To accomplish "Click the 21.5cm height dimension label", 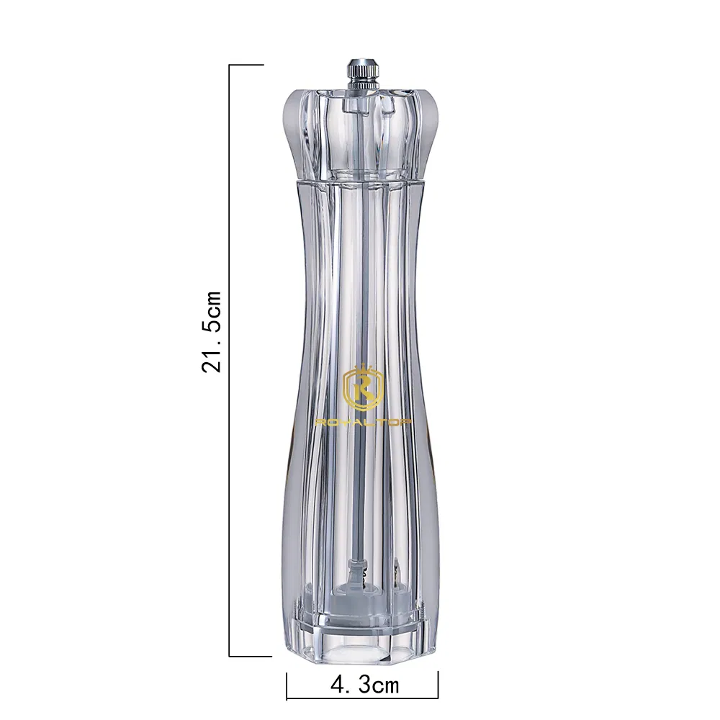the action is [212, 331].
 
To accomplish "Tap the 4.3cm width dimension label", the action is [364, 685].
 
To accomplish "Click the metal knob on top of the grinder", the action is [362, 74].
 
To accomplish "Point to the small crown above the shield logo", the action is [363, 368].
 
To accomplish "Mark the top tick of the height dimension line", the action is [246, 66].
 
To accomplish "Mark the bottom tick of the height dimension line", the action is [251, 656].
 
